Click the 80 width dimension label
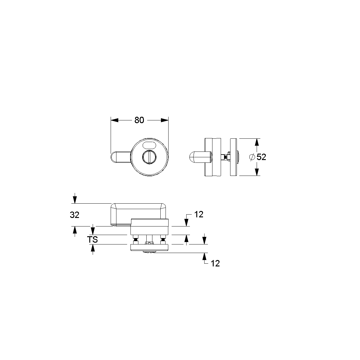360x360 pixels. click(x=139, y=120)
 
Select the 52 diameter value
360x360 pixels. click(x=261, y=157)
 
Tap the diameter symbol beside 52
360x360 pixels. click(x=252, y=157)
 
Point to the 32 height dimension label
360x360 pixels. click(x=74, y=215)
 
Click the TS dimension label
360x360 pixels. click(x=92, y=240)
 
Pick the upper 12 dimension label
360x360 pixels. click(x=199, y=214)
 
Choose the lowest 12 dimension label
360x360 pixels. click(x=215, y=264)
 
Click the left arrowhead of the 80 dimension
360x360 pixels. click(x=114, y=120)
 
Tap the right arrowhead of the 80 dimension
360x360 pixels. click(x=165, y=120)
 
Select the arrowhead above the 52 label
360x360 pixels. click(x=257, y=142)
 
